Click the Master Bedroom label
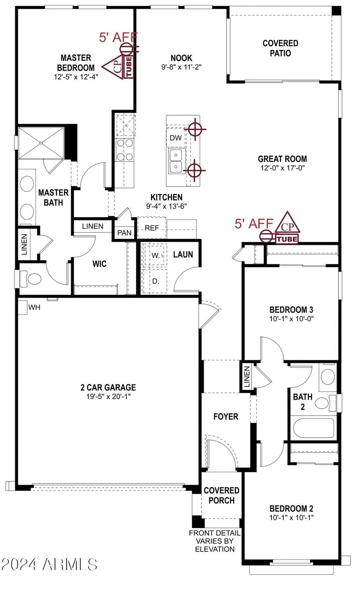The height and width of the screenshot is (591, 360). [x=76, y=63]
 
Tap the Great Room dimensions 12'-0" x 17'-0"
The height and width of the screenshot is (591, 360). [x=282, y=168]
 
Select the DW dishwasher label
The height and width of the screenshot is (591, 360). [x=176, y=138]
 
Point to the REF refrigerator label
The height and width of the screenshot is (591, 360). [x=152, y=228]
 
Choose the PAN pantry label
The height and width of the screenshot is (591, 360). [x=124, y=233]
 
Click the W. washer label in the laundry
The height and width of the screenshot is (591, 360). [x=156, y=255]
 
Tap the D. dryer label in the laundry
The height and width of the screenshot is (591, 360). [x=156, y=281]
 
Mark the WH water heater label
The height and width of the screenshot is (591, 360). [x=34, y=307]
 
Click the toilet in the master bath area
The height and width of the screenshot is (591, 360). [x=30, y=278]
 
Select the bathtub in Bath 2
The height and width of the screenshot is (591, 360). [x=313, y=428]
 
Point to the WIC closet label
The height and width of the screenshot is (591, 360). [x=100, y=264]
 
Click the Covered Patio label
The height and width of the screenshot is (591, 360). [x=280, y=48]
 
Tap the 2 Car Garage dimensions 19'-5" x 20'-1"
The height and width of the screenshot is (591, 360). [x=108, y=396]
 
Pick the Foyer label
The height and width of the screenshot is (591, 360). [x=226, y=417]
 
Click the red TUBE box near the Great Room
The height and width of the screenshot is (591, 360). [x=287, y=239]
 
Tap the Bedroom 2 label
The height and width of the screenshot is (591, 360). [x=291, y=509]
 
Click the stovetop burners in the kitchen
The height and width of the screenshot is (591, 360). [x=125, y=150]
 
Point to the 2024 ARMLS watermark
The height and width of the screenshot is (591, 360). [x=49, y=564]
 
